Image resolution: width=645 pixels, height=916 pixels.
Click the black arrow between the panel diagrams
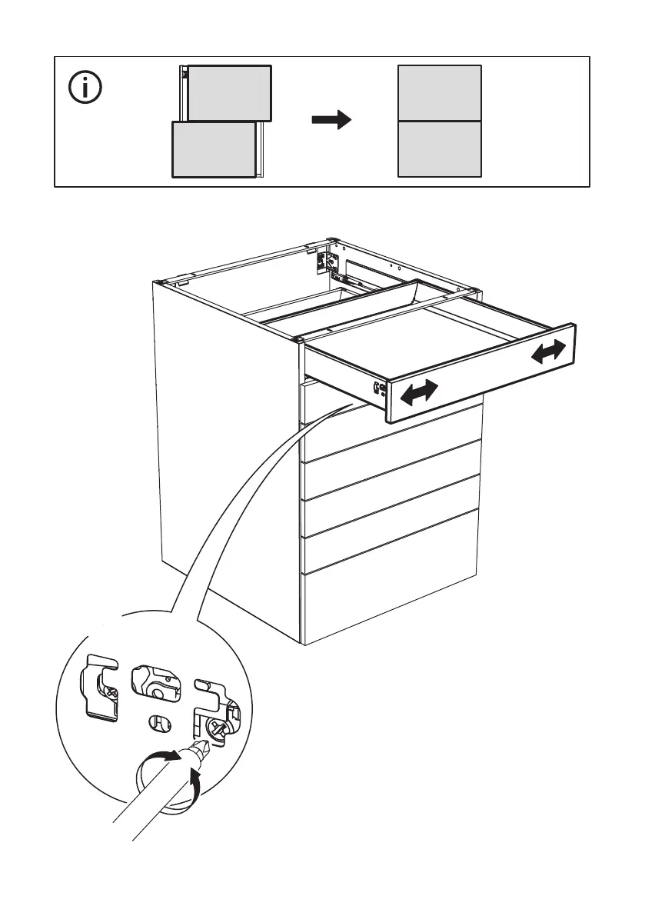click(331, 120)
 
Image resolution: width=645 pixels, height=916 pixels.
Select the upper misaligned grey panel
click(229, 93)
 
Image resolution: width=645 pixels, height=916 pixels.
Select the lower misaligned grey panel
click(213, 149)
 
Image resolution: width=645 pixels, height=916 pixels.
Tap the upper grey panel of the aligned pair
click(439, 93)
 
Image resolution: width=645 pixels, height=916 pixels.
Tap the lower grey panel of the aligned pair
click(439, 148)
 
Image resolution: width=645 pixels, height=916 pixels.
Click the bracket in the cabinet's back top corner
click(324, 261)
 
